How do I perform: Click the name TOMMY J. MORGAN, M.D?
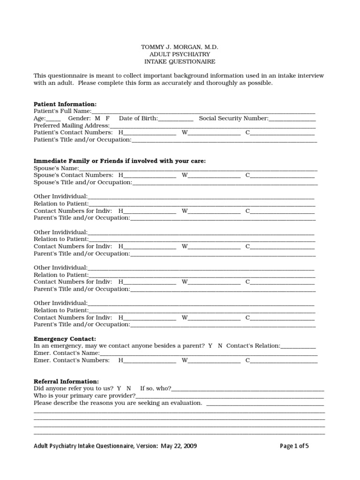[180, 48]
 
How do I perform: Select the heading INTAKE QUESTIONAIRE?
[180, 62]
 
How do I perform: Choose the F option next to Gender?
[108, 119]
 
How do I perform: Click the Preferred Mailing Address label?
[71, 126]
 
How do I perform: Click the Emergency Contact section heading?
[65, 338]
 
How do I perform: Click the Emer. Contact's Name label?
[66, 353]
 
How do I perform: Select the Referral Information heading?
[66, 382]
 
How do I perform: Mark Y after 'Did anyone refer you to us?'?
[119, 389]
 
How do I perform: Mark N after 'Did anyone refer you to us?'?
[128, 389]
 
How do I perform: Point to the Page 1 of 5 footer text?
[294, 446]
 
